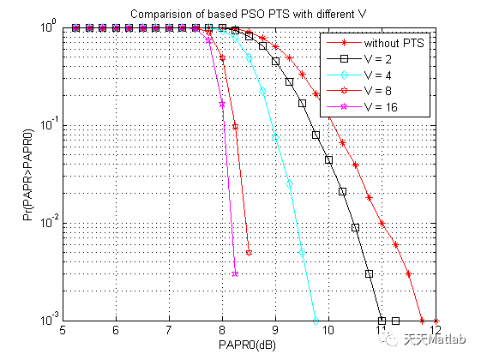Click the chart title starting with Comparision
pos(250,15)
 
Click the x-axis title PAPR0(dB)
pos(250,345)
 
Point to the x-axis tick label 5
pos(63,330)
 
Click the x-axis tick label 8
pos(222,330)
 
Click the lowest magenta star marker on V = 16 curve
pos(235,274)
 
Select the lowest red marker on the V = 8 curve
pos(249,253)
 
